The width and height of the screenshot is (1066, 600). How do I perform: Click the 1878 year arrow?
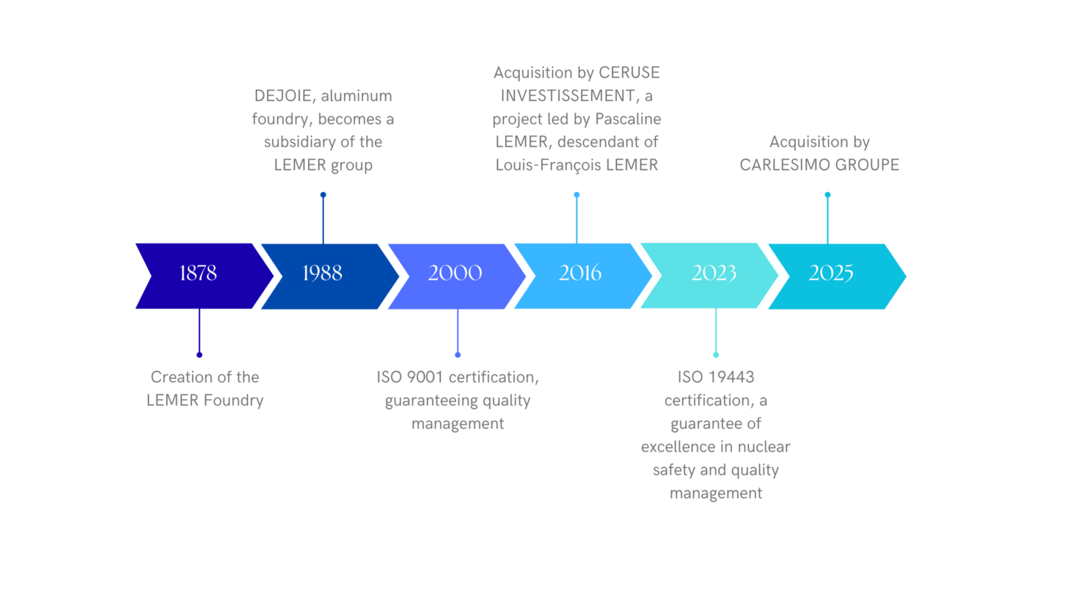198,275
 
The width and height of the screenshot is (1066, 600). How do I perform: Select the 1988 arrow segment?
323,276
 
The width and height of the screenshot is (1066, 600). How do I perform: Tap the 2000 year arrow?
455,276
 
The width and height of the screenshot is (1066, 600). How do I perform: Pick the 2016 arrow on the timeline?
580,275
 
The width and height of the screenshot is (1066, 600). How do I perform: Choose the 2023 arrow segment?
714,275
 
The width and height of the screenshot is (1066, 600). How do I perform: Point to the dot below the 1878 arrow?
200,355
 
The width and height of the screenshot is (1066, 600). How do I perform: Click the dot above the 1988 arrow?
323,195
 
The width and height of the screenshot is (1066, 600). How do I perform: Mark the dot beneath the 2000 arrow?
458,355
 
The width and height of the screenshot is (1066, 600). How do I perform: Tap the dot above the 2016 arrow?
577,195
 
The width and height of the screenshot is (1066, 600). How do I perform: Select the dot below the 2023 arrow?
716,355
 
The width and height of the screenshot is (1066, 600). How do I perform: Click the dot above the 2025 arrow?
828,195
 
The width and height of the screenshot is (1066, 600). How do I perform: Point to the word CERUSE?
629,73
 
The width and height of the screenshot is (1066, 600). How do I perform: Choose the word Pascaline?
628,119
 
